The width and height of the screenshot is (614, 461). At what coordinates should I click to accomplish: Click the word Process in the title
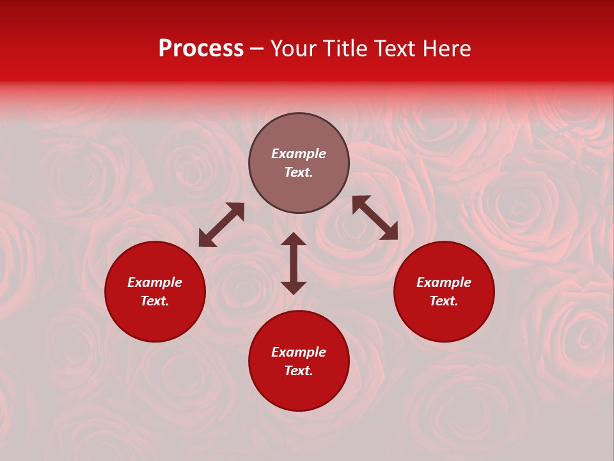[201, 49]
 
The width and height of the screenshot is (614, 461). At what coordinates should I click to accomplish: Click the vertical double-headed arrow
[294, 263]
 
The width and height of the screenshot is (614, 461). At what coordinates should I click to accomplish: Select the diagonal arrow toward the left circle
[221, 225]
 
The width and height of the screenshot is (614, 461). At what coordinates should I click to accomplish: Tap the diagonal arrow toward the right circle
[375, 218]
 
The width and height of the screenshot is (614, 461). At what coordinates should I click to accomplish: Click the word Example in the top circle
[299, 154]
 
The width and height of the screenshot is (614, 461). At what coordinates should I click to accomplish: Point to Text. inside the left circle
[155, 301]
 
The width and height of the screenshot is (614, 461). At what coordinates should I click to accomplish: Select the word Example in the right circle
[444, 282]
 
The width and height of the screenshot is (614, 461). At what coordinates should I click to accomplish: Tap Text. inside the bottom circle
[299, 371]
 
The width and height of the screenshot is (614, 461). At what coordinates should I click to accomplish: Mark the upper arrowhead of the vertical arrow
[294, 239]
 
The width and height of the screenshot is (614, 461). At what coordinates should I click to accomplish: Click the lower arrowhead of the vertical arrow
[294, 287]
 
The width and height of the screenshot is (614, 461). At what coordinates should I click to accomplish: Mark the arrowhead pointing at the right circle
[390, 232]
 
